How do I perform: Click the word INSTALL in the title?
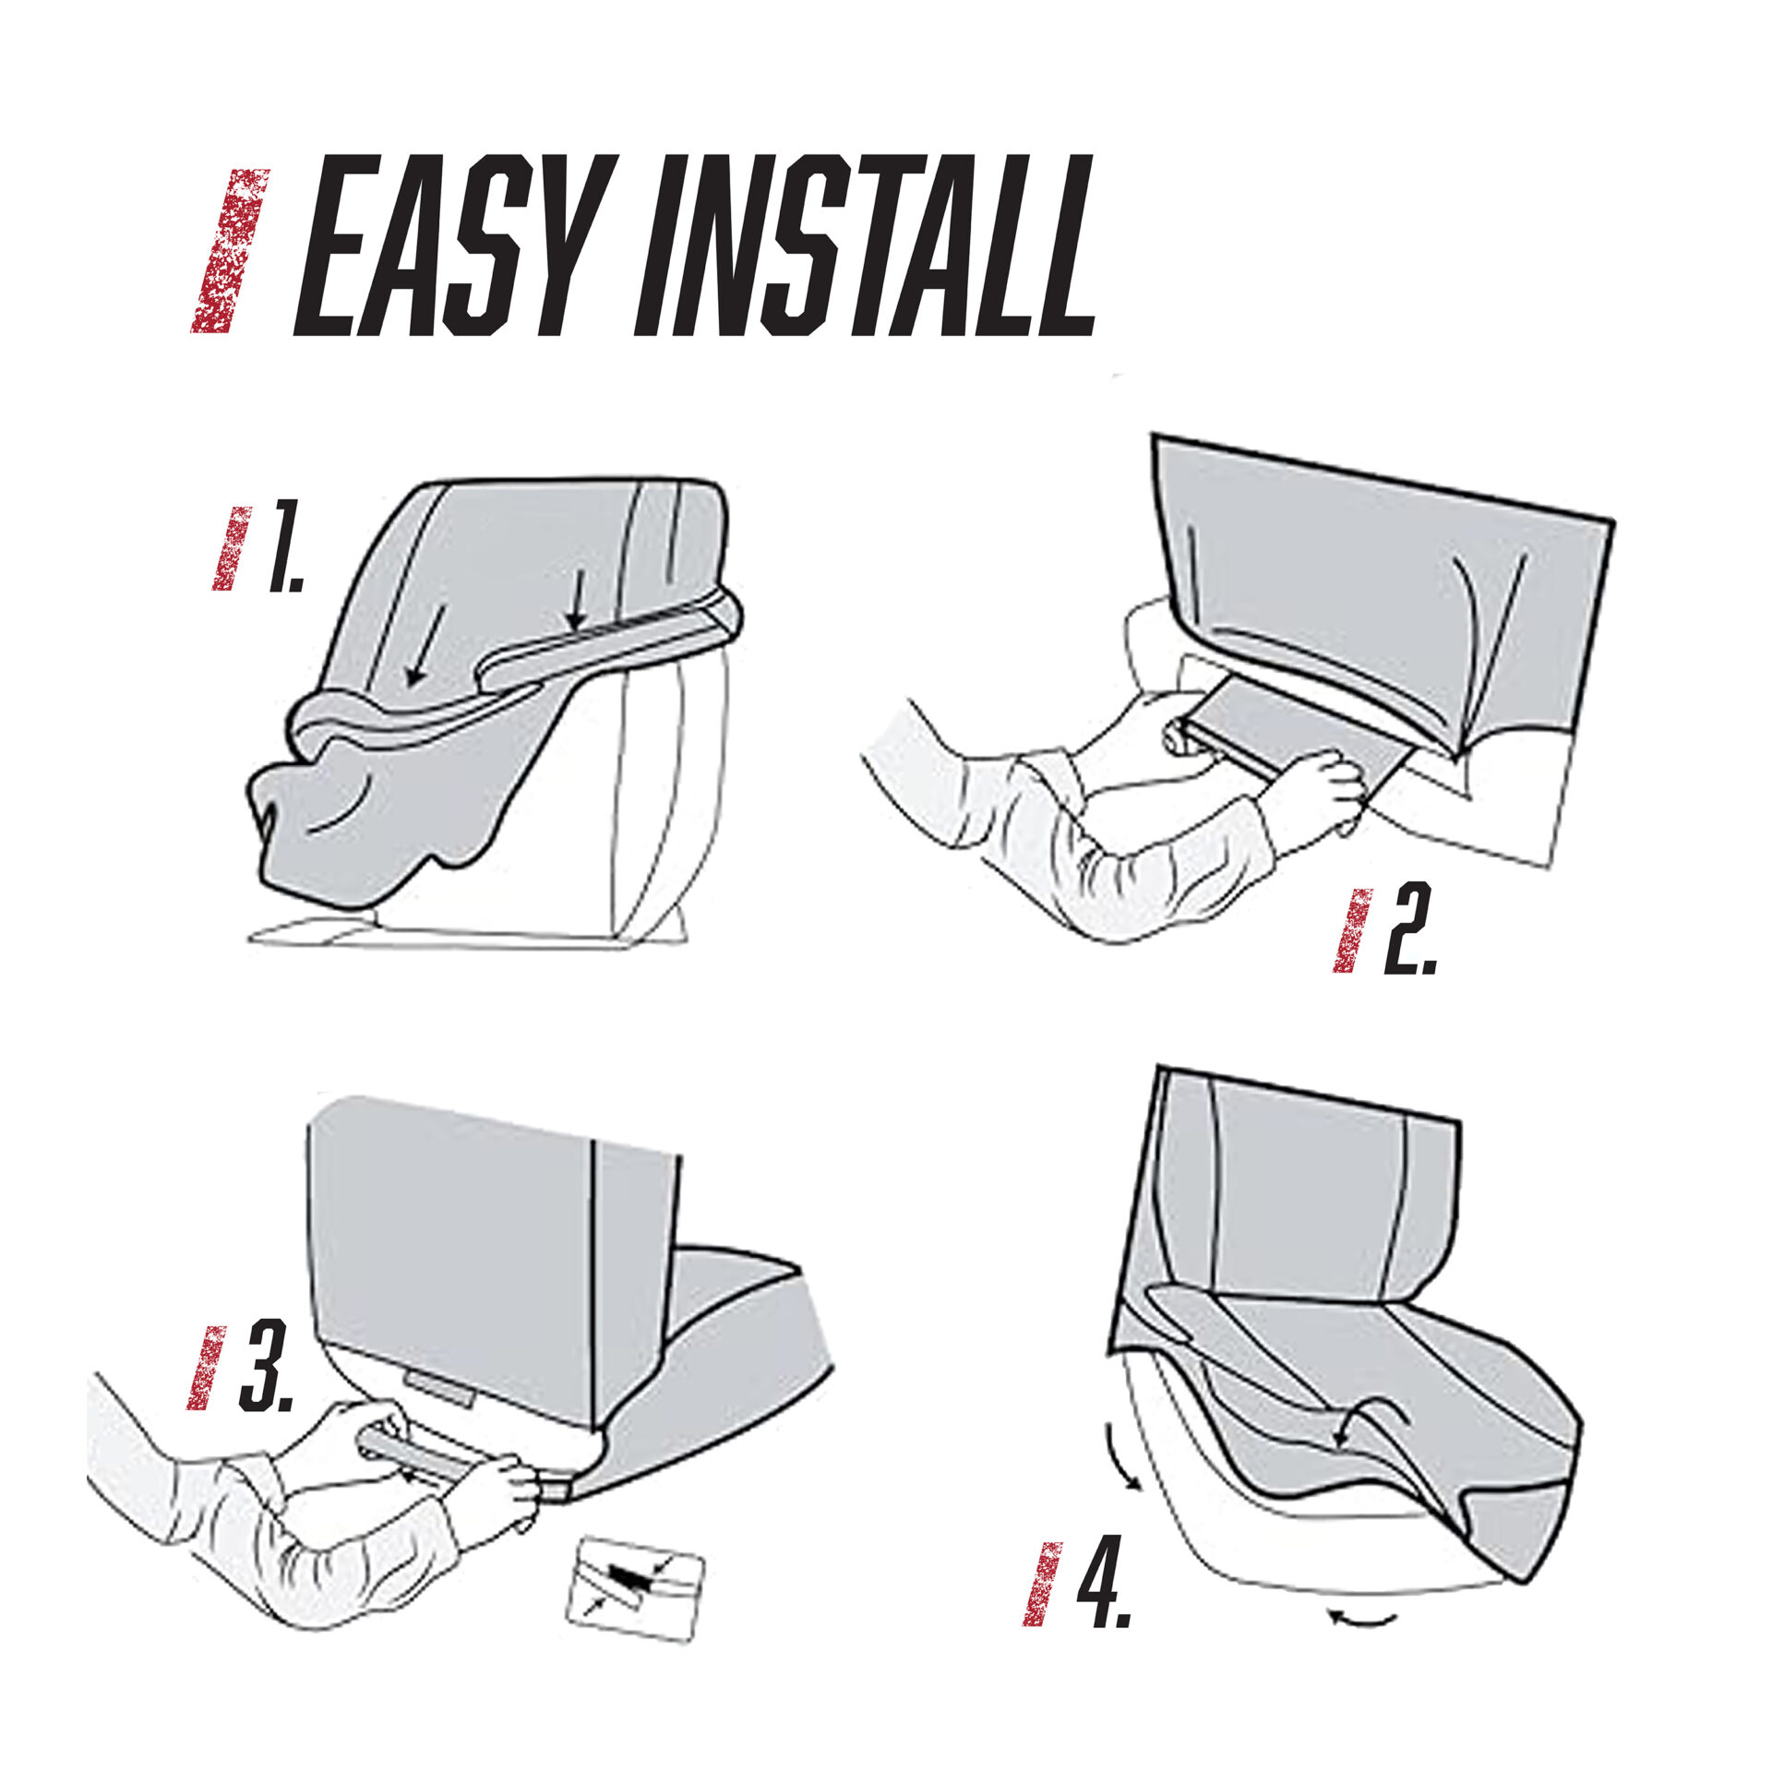(x=868, y=245)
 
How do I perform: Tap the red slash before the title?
(x=230, y=250)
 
